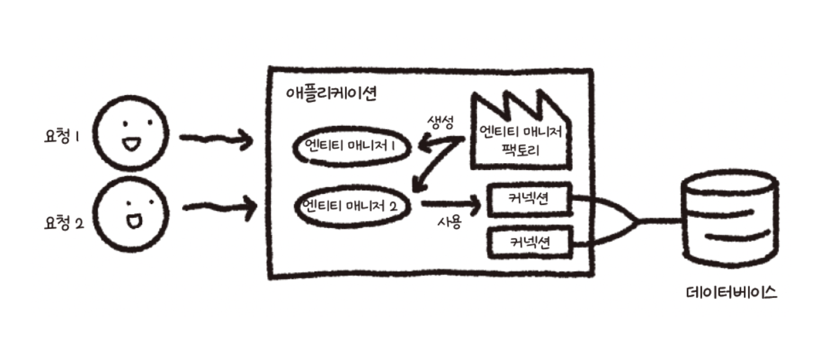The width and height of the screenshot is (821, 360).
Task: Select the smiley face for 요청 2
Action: click(133, 214)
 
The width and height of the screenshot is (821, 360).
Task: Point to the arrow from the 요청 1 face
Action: click(214, 139)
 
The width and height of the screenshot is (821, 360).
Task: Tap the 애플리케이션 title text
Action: click(331, 94)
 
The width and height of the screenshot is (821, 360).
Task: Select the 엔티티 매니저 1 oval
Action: click(352, 148)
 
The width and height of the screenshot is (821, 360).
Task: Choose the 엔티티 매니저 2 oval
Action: click(352, 206)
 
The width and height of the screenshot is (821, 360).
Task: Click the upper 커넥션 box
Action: click(529, 200)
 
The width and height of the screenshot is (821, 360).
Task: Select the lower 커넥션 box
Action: click(529, 244)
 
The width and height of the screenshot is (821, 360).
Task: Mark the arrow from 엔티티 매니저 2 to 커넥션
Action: click(450, 203)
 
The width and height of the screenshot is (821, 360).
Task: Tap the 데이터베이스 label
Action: click(730, 292)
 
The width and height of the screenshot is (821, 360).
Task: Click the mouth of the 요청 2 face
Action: click(132, 222)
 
